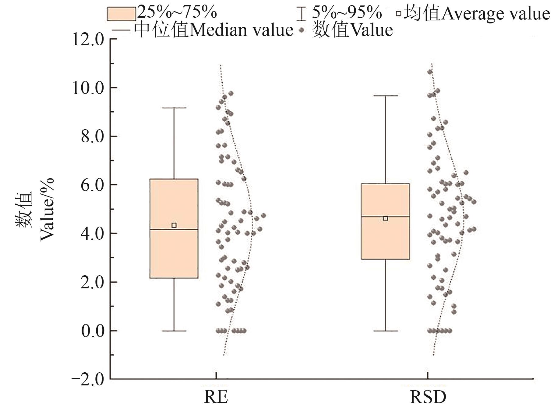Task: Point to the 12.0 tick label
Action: point(88,40)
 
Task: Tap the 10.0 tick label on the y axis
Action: point(88,88)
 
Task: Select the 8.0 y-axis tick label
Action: point(92,137)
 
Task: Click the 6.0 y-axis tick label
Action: point(92,185)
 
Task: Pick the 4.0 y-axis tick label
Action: point(92,234)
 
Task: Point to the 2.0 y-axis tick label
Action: point(92,282)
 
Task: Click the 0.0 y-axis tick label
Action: point(92,331)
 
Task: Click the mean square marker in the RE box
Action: point(174,225)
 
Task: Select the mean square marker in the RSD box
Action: point(385,218)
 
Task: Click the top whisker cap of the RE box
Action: point(174,108)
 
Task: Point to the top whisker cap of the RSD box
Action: point(385,96)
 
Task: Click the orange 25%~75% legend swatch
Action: point(121,14)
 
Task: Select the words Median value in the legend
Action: point(241,30)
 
